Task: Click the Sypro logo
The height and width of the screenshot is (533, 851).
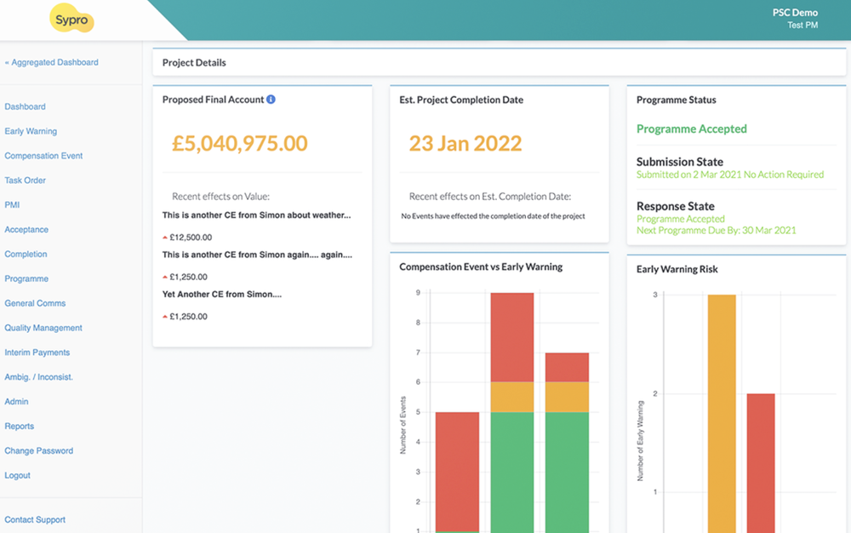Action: point(71,19)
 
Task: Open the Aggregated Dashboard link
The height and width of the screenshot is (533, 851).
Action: point(52,62)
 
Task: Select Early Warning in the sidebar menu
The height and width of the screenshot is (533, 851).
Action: point(31,131)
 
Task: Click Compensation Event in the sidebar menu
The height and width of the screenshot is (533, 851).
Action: point(43,156)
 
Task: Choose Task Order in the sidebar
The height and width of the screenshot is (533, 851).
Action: point(26,181)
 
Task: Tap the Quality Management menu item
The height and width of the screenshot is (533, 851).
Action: point(43,328)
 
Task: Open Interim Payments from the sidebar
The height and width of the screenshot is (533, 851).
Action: point(37,352)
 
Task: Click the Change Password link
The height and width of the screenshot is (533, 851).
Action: point(39,450)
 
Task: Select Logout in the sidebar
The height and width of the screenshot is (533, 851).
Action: point(18,475)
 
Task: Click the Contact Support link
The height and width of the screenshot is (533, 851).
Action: point(35,519)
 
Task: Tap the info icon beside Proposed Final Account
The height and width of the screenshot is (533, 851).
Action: point(271,100)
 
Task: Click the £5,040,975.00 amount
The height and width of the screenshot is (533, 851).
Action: point(240,143)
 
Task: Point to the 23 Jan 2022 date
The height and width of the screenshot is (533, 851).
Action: point(465,143)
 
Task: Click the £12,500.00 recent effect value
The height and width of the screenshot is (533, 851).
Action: point(190,238)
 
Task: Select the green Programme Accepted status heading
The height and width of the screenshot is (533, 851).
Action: point(691,129)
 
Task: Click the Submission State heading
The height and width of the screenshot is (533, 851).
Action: point(679,162)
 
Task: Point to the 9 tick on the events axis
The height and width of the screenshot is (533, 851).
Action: point(418,293)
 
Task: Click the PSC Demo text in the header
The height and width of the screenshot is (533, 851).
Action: point(794,13)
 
